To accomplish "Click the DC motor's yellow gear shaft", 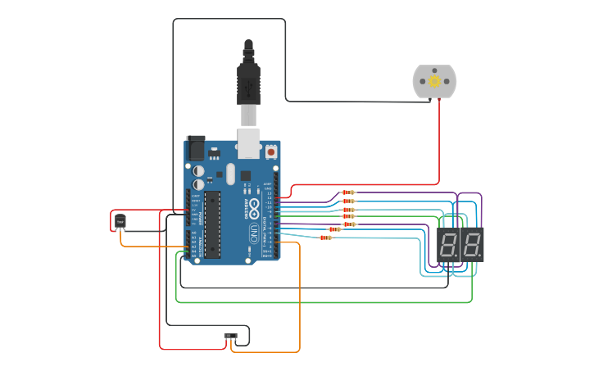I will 434,81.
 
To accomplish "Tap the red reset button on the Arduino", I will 271,152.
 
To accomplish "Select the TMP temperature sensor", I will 120,221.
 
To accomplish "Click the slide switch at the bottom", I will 231,336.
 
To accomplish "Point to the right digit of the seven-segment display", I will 471,244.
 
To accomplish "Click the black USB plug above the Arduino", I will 249,82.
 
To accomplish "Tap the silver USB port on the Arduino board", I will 249,142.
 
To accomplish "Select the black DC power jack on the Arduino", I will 196,147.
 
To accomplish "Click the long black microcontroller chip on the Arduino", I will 212,224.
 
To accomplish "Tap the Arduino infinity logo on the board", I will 254,204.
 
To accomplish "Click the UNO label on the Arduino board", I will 254,231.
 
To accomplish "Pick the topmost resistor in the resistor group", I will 348,192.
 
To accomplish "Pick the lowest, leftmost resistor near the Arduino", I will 325,238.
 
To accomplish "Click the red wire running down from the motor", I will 438,139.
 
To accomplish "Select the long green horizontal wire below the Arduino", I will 328,302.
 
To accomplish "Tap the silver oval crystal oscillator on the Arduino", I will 231,174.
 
